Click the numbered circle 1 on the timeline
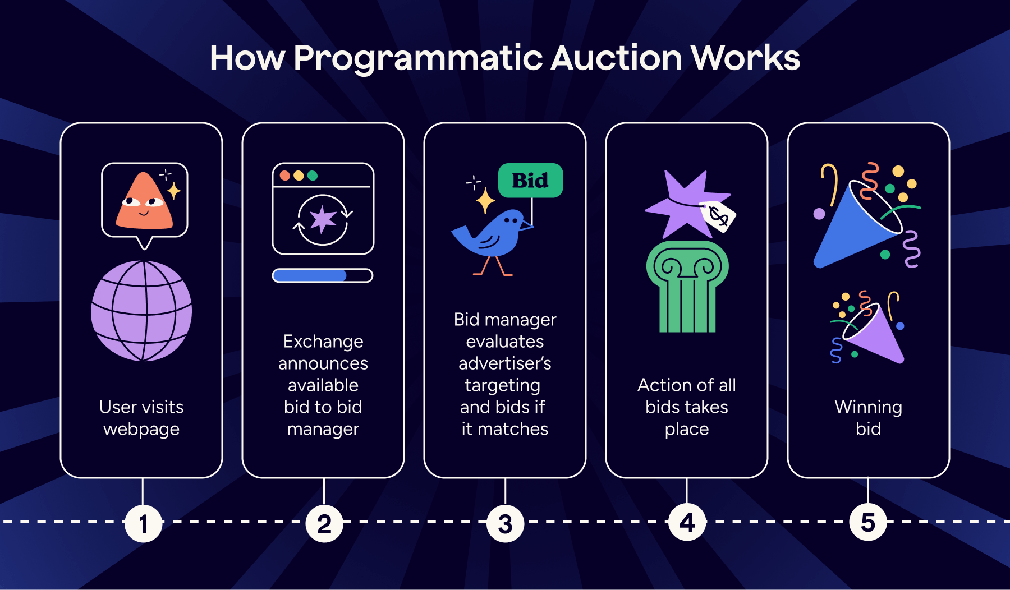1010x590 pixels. point(143,524)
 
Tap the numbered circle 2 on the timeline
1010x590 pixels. point(324,524)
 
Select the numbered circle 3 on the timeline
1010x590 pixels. point(506,524)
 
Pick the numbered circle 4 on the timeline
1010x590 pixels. point(687,523)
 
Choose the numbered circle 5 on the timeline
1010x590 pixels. point(868,522)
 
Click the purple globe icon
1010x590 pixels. point(141,311)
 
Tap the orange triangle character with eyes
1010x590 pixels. point(144,203)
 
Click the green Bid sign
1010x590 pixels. point(530,181)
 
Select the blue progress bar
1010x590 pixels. point(310,275)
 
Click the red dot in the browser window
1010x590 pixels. point(285,176)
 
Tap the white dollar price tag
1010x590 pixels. point(718,215)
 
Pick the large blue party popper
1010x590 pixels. point(856,224)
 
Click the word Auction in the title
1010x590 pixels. point(616,58)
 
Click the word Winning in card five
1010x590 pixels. point(868,407)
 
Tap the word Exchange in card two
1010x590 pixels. point(323,341)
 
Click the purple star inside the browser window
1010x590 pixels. point(323,219)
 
